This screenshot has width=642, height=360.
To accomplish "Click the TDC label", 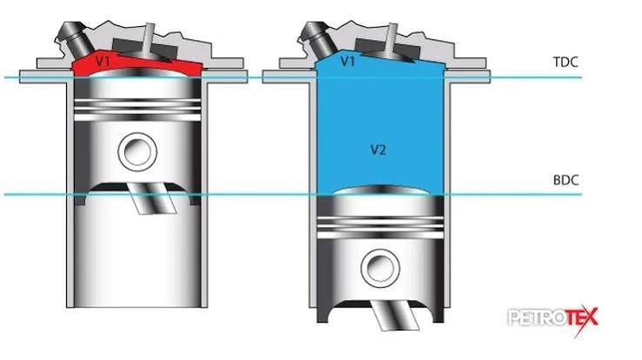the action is [x=565, y=63].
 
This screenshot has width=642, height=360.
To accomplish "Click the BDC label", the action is [x=565, y=180].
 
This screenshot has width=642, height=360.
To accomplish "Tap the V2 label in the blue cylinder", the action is [x=378, y=150].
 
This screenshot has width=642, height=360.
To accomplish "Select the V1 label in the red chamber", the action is [x=103, y=62].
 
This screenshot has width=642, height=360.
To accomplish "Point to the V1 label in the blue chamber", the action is [x=348, y=62].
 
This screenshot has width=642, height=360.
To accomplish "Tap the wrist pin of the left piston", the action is [x=137, y=152].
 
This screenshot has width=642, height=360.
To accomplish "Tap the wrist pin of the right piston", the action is [x=380, y=269].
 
